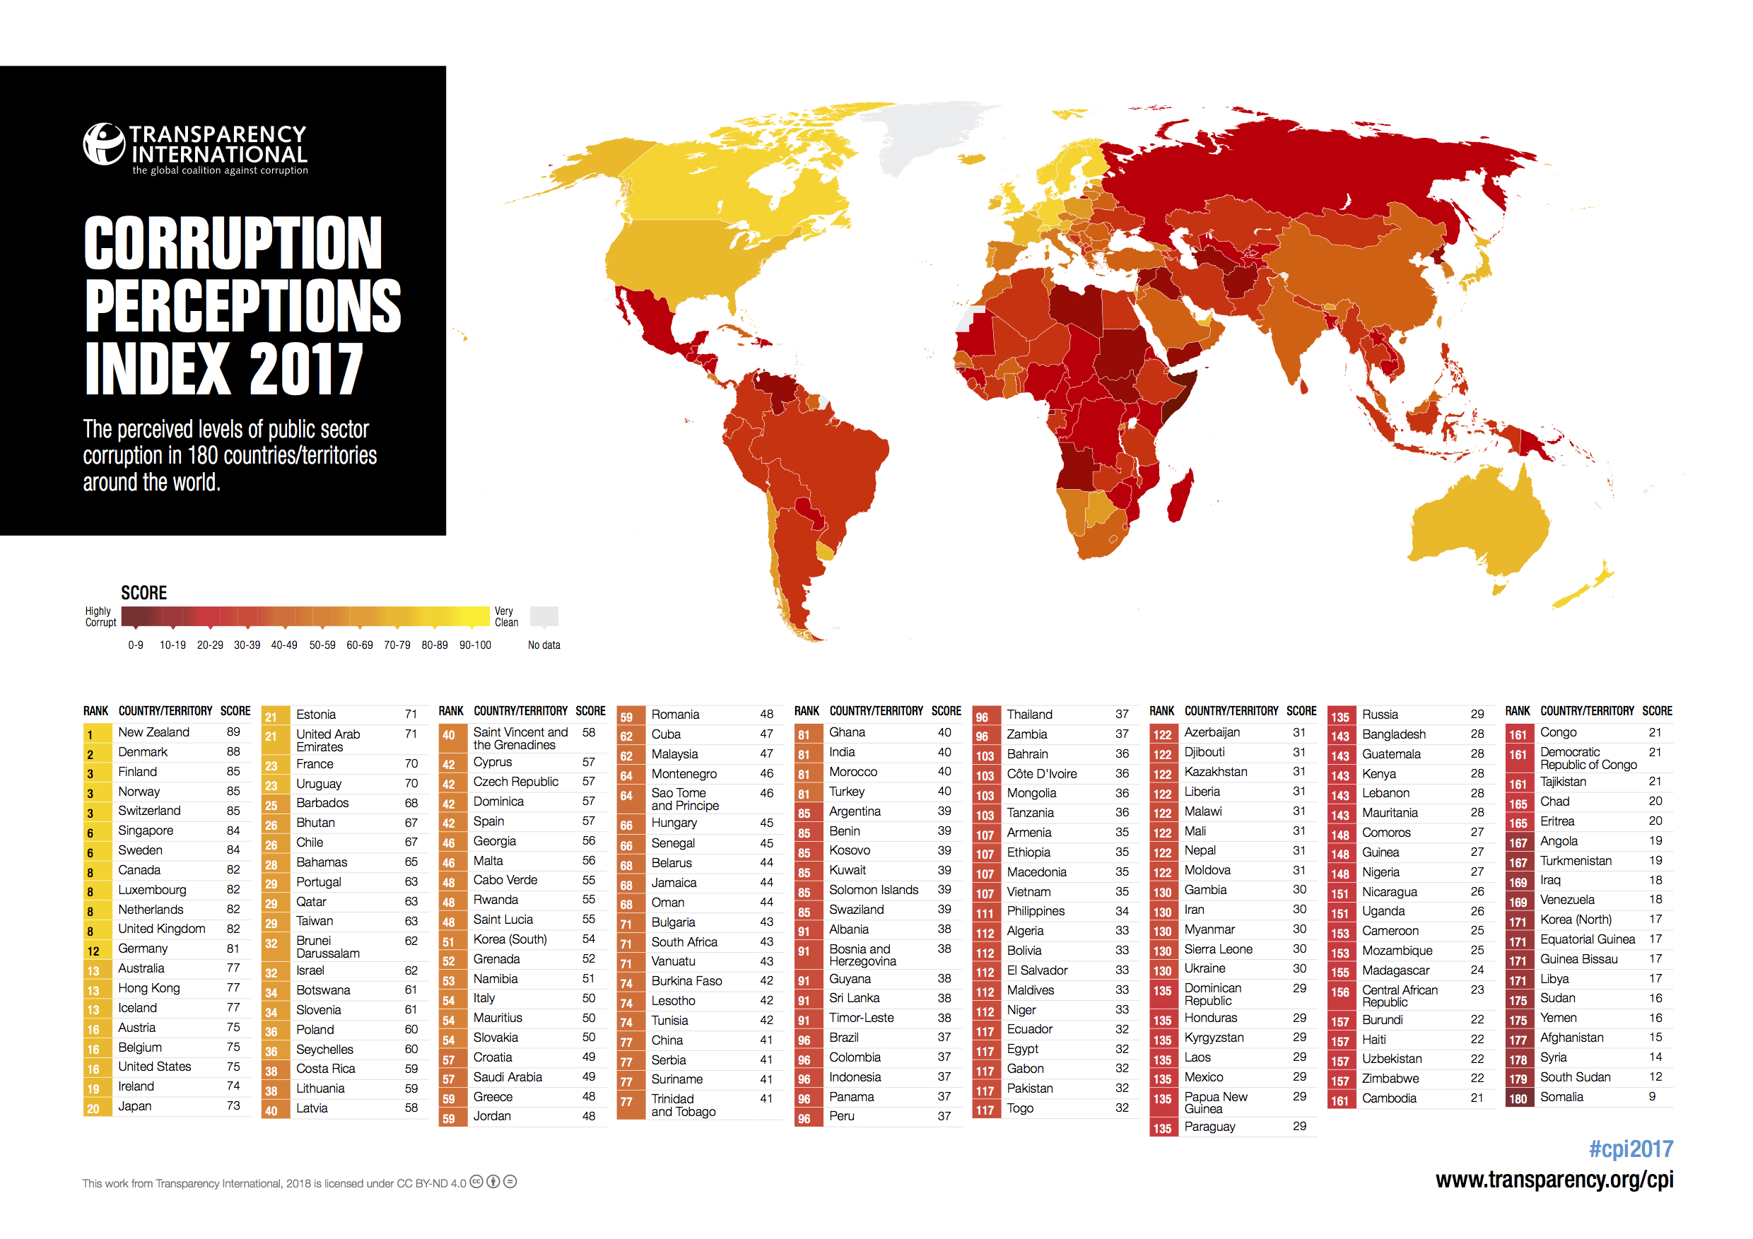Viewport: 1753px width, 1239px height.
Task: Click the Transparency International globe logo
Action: (x=103, y=143)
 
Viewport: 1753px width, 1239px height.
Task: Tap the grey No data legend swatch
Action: (x=544, y=616)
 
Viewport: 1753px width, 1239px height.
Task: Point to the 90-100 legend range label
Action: (x=475, y=645)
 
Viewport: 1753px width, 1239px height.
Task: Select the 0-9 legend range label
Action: (x=136, y=645)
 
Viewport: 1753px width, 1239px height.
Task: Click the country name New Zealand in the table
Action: (x=153, y=732)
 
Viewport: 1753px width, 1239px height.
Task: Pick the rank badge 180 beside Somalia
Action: (x=1518, y=1098)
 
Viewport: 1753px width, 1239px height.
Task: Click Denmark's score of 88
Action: (x=233, y=752)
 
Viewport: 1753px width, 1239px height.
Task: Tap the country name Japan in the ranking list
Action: (x=134, y=1106)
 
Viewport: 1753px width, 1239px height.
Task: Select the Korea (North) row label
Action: (x=1575, y=920)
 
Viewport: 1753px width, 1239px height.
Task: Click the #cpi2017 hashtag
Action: (x=1630, y=1149)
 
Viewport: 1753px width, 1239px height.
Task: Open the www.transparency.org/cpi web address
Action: (x=1554, y=1180)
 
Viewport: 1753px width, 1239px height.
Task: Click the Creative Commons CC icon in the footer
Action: (x=476, y=1182)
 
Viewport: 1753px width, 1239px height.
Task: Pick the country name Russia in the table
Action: (x=1380, y=715)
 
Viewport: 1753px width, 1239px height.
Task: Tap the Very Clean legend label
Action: (x=505, y=617)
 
